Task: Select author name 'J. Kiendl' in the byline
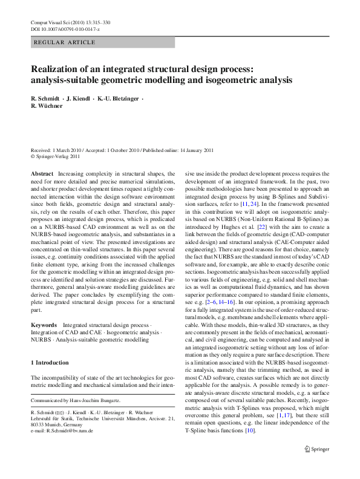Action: click(x=79, y=98)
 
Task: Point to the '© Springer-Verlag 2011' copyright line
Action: click(x=55, y=156)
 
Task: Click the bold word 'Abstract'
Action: click(x=42, y=174)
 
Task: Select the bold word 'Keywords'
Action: click(x=44, y=325)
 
